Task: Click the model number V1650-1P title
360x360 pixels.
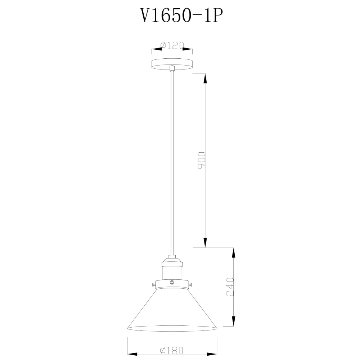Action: [x=180, y=16]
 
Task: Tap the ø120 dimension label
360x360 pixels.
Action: [x=172, y=45]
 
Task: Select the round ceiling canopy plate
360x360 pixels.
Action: [x=172, y=64]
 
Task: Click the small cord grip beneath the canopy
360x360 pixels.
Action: [x=172, y=68]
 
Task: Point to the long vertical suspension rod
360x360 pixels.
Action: [x=172, y=162]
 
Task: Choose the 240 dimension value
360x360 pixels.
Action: [x=230, y=286]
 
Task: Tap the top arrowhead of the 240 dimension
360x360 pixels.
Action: [x=234, y=254]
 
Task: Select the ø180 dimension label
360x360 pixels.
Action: [x=172, y=350]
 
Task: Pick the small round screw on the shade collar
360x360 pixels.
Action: [x=172, y=283]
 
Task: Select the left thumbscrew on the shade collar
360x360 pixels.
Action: [x=154, y=285]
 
